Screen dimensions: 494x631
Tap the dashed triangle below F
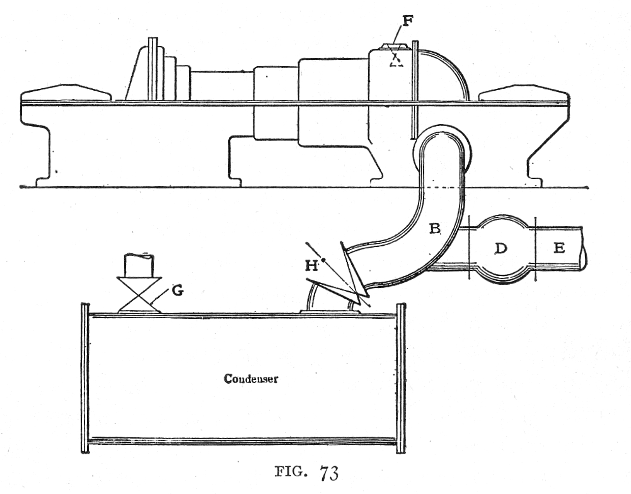396,60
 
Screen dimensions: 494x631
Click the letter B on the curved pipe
435,229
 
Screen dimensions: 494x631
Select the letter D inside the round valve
501,248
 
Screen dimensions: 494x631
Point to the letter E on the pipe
559,248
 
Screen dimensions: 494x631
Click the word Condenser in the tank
243,379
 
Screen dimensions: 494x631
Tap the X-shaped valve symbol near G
139,294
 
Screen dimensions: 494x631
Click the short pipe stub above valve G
139,265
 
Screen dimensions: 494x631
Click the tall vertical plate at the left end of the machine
152,69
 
